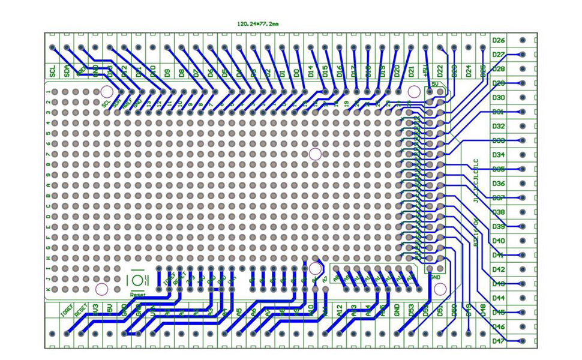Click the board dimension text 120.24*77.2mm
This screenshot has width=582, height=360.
[258, 24]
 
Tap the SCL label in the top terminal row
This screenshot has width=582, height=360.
[53, 71]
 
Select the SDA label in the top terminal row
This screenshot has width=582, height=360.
[67, 71]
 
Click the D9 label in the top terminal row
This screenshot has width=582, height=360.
[167, 72]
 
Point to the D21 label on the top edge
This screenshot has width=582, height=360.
[411, 72]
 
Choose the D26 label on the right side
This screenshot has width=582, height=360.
[499, 40]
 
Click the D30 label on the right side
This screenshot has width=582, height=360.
[499, 97]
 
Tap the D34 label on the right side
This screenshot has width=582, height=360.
[499, 155]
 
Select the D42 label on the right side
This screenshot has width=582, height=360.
[499, 269]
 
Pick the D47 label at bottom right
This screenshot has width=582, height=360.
[499, 341]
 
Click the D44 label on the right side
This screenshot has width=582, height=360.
[499, 298]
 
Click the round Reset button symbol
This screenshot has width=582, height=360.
[138, 280]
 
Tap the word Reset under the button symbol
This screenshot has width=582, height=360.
[138, 295]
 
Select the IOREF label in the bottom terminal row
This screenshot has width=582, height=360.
[67, 311]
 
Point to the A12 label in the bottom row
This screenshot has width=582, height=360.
[339, 310]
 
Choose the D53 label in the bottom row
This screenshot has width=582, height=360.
[411, 310]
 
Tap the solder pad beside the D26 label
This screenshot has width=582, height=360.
[523, 40]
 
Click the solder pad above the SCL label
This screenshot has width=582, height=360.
[53, 47]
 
